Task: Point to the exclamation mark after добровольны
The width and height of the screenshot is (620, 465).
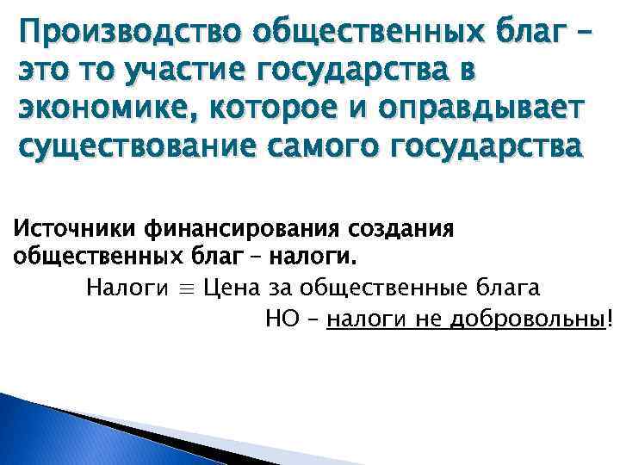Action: pyautogui.click(x=611, y=319)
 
